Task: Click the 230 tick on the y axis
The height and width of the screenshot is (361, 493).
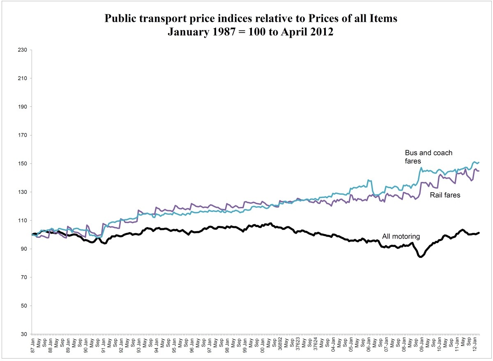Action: (x=23, y=50)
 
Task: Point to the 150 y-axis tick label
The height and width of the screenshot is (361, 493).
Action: (x=23, y=164)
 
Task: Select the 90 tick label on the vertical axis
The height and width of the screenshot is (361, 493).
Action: (x=24, y=249)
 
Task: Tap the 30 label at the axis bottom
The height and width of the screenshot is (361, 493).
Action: (x=24, y=334)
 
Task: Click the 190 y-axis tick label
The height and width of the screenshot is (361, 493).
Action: (x=23, y=107)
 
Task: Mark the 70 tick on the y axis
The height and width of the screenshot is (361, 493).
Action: (x=24, y=278)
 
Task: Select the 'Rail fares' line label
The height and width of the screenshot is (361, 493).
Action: (x=445, y=195)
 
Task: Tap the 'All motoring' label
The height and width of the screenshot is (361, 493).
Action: (x=401, y=236)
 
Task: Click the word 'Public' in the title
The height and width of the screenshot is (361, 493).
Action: (x=124, y=19)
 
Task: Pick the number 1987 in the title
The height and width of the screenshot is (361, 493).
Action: (x=216, y=32)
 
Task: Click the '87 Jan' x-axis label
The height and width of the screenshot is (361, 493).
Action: (x=33, y=344)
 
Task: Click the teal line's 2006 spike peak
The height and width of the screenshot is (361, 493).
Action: (x=369, y=180)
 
